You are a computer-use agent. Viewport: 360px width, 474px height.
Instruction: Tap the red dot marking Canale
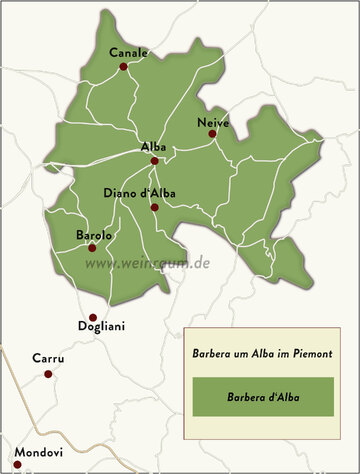click(x=123, y=67)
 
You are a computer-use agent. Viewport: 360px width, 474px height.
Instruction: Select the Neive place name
click(x=213, y=122)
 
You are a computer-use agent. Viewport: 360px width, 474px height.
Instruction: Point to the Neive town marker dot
click(x=212, y=135)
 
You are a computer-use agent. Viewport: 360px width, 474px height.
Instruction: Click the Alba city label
click(x=153, y=147)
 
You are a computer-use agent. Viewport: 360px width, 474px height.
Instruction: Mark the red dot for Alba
click(x=154, y=160)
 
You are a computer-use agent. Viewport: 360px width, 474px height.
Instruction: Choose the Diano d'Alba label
click(x=139, y=193)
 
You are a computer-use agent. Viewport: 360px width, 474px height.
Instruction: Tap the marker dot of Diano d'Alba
click(x=154, y=207)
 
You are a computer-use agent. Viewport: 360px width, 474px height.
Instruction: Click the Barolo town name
click(x=94, y=235)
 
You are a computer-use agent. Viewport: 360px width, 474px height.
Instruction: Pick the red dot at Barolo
click(x=91, y=248)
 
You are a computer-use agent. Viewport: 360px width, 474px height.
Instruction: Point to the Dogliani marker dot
click(x=93, y=317)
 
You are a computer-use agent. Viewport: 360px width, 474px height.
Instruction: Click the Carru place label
click(x=48, y=358)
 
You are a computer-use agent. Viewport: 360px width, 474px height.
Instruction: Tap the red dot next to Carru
click(x=47, y=374)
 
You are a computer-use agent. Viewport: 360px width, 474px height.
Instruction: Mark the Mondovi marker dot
click(x=17, y=464)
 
